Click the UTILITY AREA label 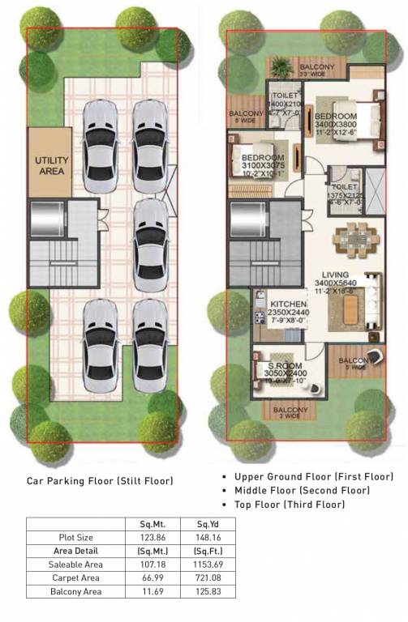pos(51,166)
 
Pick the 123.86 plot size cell pos(148,538)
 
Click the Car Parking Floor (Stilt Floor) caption pos(101,481)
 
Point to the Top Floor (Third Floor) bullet pos(290,505)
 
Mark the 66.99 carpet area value pos(148,578)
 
